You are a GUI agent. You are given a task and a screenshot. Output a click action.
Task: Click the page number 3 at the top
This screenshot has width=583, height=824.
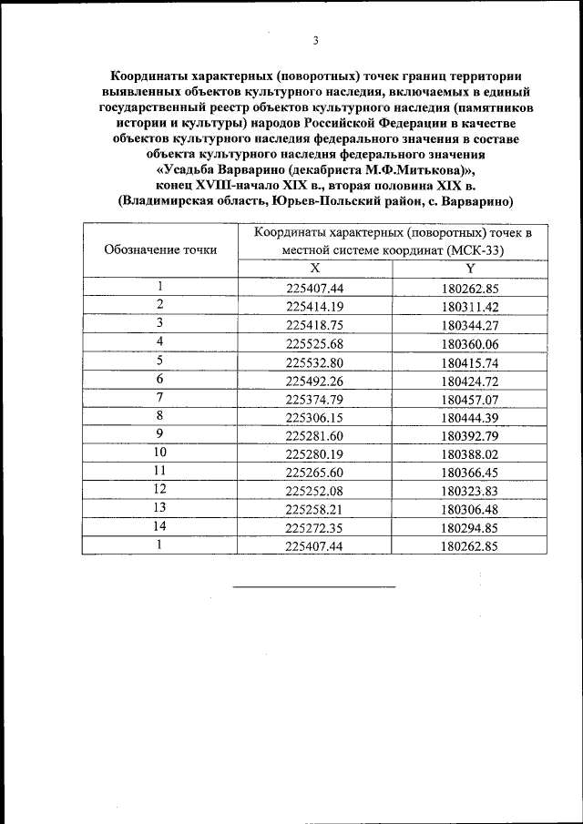315,41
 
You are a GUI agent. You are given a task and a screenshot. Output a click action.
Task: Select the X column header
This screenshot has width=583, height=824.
315,268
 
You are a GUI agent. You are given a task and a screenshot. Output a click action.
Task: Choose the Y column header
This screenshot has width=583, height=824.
470,268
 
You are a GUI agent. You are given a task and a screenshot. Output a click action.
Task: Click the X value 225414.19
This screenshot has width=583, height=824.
315,306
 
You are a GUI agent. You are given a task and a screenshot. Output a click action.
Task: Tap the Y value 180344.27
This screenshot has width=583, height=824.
470,325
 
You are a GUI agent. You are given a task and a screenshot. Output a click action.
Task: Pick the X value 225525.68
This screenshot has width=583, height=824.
315,343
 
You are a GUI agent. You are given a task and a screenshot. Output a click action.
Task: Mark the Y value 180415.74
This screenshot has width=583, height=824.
470,361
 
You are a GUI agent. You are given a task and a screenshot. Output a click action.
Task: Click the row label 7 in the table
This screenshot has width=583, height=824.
159,397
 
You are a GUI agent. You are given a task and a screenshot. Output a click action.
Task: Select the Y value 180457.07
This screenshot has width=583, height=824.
470,399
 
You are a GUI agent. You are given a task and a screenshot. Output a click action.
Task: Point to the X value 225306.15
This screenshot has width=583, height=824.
315,417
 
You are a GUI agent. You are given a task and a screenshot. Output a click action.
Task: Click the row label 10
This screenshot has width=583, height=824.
159,452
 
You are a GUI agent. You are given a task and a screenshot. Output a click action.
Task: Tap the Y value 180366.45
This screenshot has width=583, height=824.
470,472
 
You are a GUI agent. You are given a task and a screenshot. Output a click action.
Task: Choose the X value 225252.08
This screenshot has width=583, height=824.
315,490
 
